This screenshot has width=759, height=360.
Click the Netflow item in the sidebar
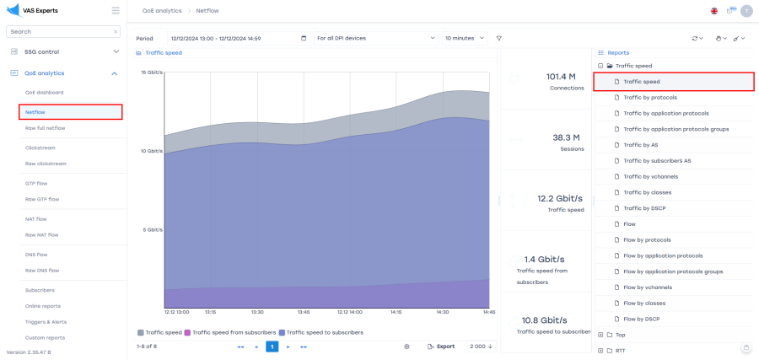35,111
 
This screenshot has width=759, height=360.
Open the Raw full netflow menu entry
45,128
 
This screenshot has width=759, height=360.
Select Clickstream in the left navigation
40,148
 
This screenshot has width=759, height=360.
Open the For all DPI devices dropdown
374,38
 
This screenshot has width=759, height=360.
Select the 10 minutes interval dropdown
465,38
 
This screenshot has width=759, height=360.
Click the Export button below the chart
440,347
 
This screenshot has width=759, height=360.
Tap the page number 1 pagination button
272,347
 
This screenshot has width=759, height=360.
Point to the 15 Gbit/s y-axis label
151,73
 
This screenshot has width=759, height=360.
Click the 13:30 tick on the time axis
257,311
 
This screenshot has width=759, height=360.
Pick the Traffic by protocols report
649,98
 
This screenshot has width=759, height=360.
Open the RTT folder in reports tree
621,350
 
